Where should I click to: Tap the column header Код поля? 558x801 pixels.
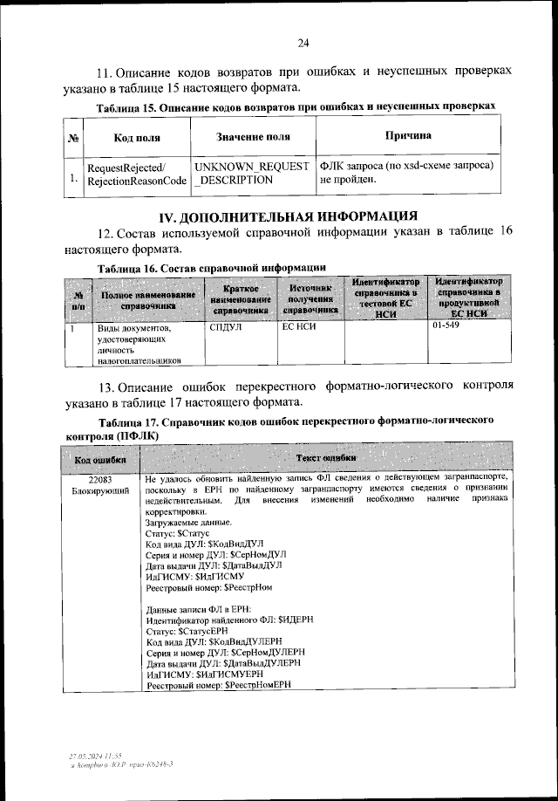pos(137,138)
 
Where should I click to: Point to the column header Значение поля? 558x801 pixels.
pos(253,138)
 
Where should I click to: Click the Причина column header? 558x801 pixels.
pos(408,136)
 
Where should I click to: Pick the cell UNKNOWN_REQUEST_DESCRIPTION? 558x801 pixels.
pos(251,173)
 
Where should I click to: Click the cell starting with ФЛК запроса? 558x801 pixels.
pos(407,173)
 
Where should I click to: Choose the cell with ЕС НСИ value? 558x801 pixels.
pos(298,329)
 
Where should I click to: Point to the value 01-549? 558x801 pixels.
pos(446,329)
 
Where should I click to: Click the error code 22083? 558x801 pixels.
pos(100,480)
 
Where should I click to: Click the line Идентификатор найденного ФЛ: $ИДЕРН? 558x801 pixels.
pos(223,620)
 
